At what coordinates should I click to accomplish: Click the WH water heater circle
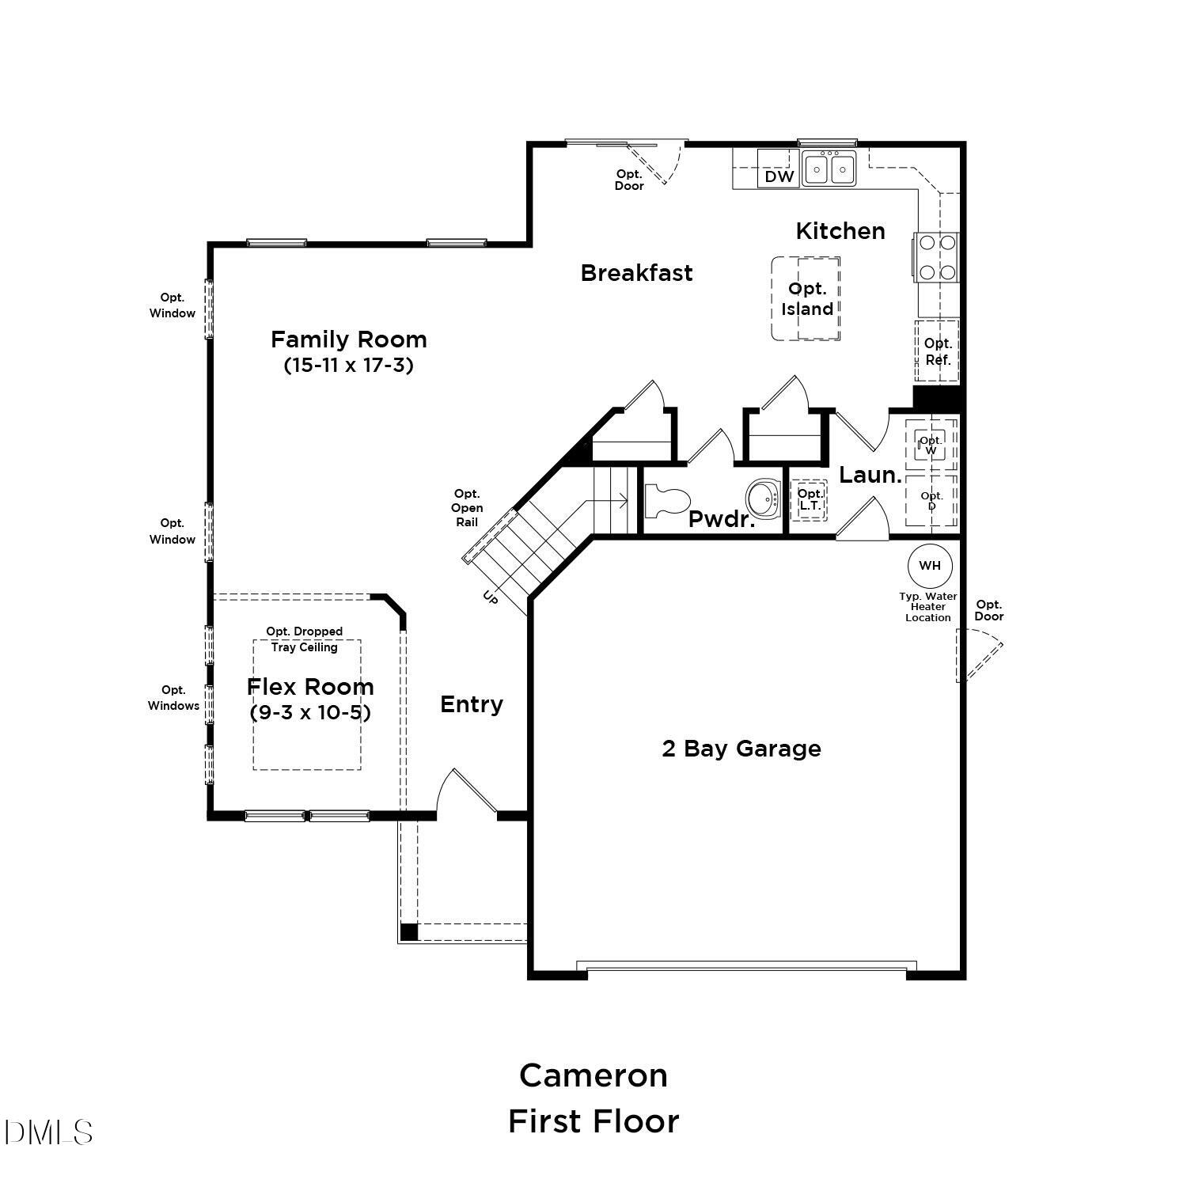pos(930,566)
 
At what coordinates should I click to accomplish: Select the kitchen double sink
pos(829,169)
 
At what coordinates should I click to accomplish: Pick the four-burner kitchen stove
pos(937,257)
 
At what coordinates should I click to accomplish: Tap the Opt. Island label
pos(807,299)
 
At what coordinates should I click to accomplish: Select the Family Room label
pos(349,339)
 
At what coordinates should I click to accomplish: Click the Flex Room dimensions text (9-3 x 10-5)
pos(310,712)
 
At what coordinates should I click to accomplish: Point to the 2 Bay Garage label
pos(741,749)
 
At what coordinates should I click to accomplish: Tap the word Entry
pos(472,704)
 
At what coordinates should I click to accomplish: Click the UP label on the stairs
pos(491,598)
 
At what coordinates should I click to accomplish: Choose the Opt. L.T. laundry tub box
pos(810,501)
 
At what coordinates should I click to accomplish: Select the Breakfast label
pos(637,273)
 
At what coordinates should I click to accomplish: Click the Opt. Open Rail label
pos(467,508)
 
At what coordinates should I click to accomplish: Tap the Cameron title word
pos(593,1075)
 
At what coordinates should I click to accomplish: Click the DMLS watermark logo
pos(48,1132)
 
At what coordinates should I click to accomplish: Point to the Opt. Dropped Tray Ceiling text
pos(305,639)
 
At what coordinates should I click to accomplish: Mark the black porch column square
pos(408,932)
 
